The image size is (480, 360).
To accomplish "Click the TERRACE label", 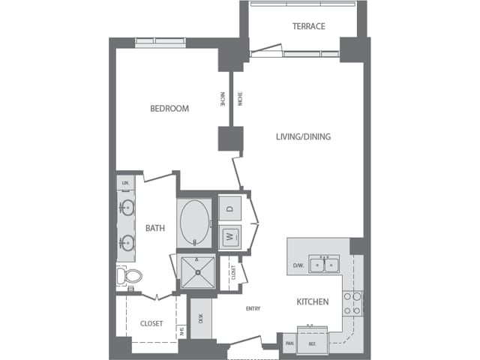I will point(308,27).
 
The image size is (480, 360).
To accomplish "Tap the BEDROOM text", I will point(169,109).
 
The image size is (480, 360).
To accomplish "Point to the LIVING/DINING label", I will point(303,136).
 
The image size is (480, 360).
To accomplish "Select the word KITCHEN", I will point(313,302).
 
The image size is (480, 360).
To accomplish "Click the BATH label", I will point(155,228).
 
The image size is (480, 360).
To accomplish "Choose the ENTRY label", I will point(252,308).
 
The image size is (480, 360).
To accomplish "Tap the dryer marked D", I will point(230,208).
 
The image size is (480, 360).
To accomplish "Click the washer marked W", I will point(230,237).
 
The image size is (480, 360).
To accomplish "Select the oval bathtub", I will point(196,222).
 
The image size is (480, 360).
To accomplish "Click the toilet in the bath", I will point(128,276).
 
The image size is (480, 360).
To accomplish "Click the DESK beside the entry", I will point(200,317).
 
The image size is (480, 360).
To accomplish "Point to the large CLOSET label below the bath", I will point(151,324).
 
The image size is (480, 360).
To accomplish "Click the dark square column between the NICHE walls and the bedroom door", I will point(230,139).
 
